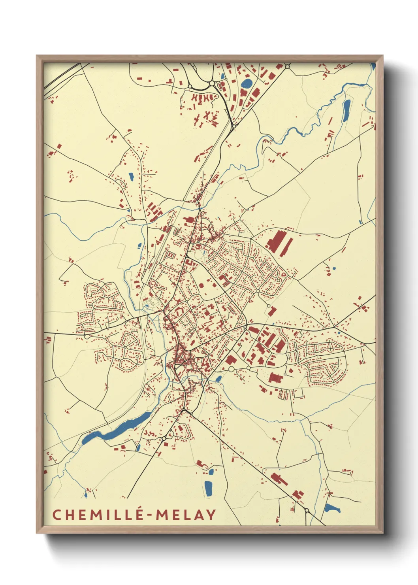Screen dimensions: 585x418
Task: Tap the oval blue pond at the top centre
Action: click(247, 83)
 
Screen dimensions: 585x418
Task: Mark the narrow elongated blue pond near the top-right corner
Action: click(346, 110)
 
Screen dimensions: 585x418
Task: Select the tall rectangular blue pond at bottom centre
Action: click(208, 488)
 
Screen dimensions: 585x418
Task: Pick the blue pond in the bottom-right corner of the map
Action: click(331, 508)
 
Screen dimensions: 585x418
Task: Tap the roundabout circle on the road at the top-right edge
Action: click(288, 66)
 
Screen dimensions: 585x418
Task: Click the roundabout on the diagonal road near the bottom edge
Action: click(307, 511)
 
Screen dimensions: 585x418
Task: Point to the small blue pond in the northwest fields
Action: click(131, 177)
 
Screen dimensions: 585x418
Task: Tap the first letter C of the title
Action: click(56, 515)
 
